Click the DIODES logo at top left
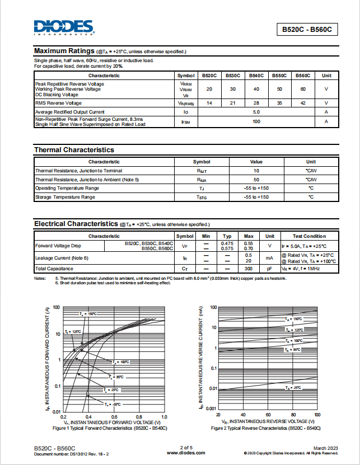(63, 27)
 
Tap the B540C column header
(256, 76)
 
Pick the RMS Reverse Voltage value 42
(303, 103)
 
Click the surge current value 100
(256, 121)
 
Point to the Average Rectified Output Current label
(70, 112)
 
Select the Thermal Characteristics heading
(74, 150)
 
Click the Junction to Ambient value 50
(256, 180)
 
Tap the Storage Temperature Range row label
(65, 198)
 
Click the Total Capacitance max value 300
(249, 269)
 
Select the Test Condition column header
(309, 236)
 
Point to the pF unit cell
(269, 269)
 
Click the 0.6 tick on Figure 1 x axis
(114, 417)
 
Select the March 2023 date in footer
(325, 448)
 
